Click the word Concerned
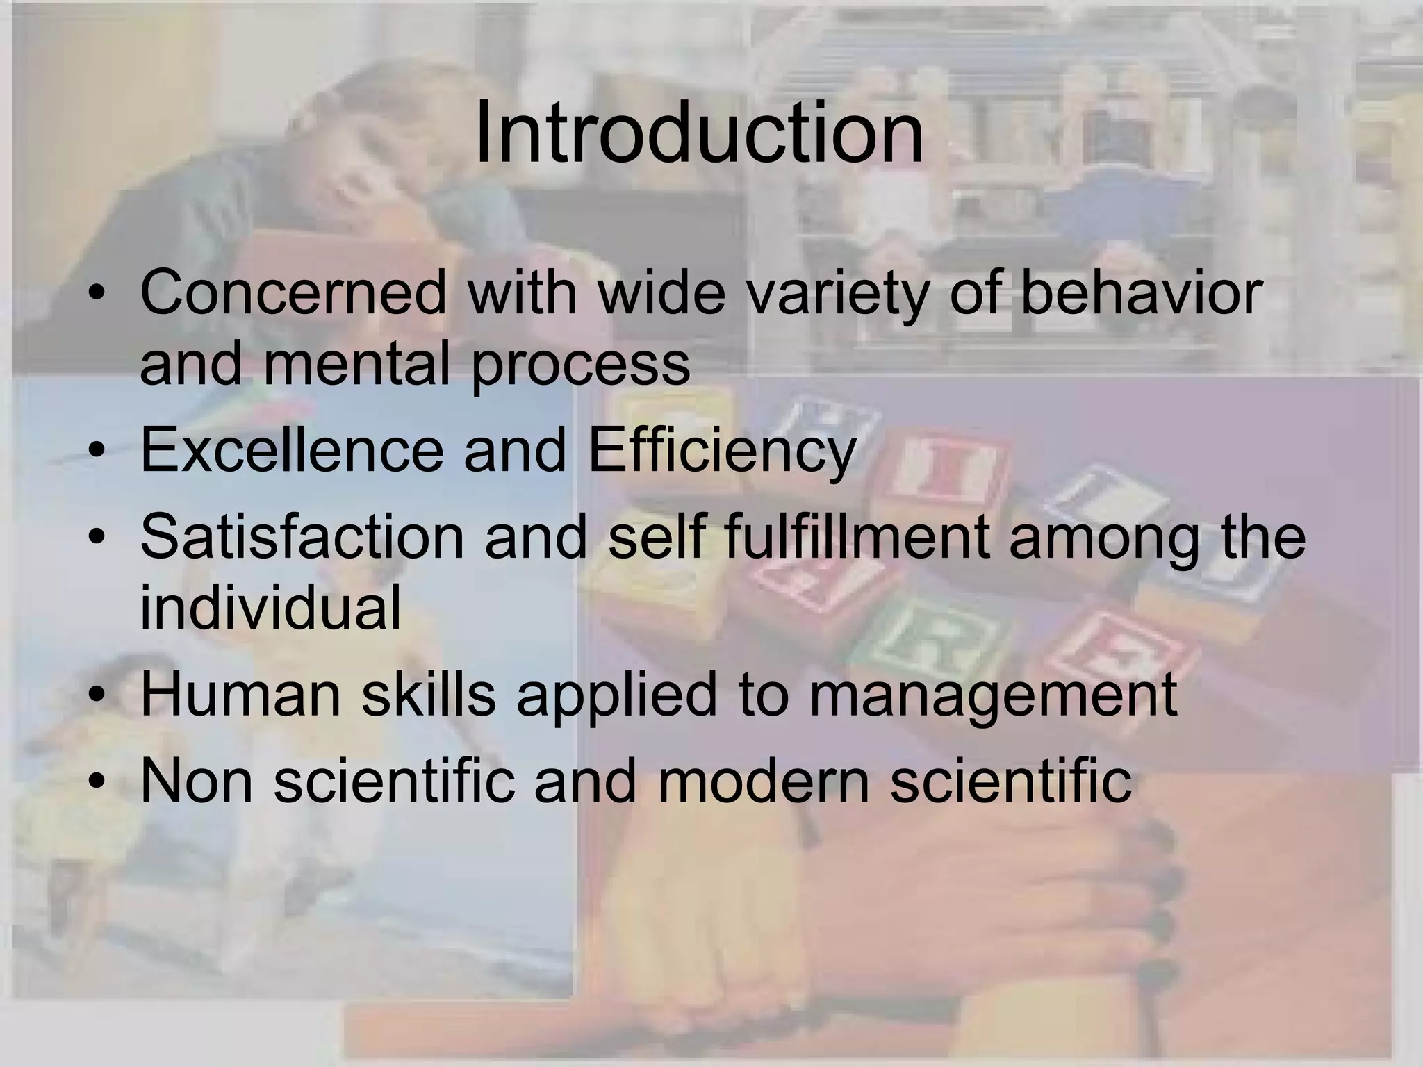(x=293, y=292)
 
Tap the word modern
(x=764, y=781)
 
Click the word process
(x=580, y=365)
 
